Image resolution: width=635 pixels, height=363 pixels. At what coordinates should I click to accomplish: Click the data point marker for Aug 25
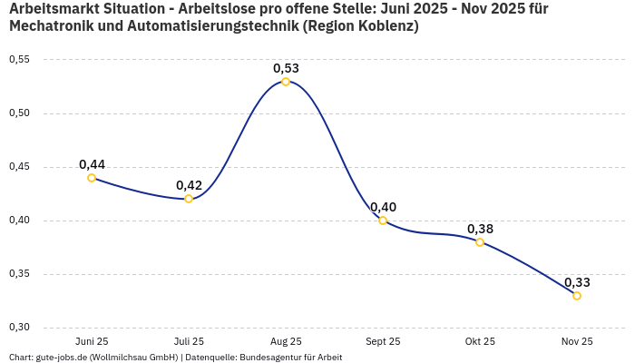point(286,82)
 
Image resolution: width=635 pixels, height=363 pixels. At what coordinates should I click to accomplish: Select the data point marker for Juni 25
point(92,178)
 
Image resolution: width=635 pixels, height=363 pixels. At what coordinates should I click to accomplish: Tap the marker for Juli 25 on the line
point(189,199)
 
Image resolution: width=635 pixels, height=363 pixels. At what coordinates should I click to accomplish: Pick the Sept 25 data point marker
point(383,221)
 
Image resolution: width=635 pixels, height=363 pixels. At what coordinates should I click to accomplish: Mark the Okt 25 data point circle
point(480,242)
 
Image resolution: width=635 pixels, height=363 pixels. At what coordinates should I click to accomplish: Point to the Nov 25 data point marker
point(577,296)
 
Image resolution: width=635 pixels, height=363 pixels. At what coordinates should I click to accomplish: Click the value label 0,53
point(286,68)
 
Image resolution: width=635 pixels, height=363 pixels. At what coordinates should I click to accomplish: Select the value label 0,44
point(92,164)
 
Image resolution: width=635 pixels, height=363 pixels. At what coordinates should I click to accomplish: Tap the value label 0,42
point(189,185)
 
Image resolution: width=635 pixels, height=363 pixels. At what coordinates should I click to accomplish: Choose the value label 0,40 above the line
point(383,207)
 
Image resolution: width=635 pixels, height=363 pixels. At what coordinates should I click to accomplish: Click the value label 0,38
point(480,229)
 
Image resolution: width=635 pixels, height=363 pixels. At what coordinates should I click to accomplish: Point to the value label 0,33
point(577,282)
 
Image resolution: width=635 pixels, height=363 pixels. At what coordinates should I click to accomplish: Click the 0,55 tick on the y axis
point(19,60)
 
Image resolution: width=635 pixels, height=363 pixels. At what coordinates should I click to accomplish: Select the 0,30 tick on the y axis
point(19,328)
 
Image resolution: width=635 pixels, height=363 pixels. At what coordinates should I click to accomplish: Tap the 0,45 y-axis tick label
point(19,167)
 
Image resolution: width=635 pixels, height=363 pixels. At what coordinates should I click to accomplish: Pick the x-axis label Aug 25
point(286,341)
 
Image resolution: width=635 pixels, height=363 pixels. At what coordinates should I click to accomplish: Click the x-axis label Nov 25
point(577,341)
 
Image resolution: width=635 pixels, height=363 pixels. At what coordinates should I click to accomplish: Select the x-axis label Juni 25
point(92,341)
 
